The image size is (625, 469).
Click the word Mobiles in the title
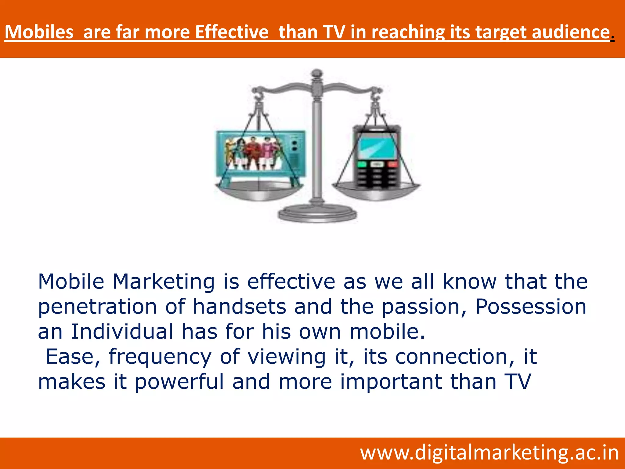39,32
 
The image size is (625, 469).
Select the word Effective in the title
232,32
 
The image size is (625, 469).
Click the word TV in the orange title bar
334,32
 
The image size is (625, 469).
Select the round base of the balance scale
317,214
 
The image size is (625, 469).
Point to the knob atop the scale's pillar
317,73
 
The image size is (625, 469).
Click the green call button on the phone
362,164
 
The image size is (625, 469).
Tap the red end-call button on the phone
392,164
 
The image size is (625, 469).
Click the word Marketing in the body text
164,282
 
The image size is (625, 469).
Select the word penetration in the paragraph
97,307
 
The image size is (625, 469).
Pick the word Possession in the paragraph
531,307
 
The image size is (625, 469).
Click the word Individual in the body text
122,332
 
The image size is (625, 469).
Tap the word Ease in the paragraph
73,357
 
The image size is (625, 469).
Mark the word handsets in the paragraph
240,307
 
